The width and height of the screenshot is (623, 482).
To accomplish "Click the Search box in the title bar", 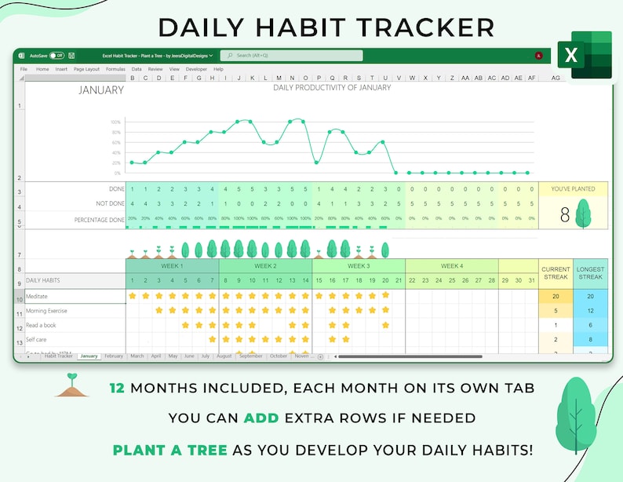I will (291, 56).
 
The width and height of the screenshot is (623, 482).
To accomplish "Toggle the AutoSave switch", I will (56, 56).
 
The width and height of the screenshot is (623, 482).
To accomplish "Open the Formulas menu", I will (115, 69).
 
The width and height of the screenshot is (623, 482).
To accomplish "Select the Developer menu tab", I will (196, 69).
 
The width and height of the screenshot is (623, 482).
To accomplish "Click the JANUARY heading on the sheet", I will (101, 90).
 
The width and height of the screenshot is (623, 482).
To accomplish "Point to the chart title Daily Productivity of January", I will (331, 87).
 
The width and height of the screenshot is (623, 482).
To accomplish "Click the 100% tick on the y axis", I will (115, 122).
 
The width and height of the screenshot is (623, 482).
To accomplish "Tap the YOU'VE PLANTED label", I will (573, 188).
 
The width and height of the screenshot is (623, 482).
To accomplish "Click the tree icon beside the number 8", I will (583, 214).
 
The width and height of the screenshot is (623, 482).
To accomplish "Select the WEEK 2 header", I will (265, 266).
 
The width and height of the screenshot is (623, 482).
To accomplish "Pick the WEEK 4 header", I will (451, 266).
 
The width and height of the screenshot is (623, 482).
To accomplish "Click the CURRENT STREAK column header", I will (556, 272).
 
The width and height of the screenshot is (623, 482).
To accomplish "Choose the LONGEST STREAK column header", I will (590, 272).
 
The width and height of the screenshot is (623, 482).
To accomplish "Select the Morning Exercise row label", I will (46, 311).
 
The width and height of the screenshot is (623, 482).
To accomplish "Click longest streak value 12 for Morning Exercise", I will (590, 311).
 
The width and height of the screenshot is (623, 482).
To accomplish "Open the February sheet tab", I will (114, 356).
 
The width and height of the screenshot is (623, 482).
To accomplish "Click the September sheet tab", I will (251, 356).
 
